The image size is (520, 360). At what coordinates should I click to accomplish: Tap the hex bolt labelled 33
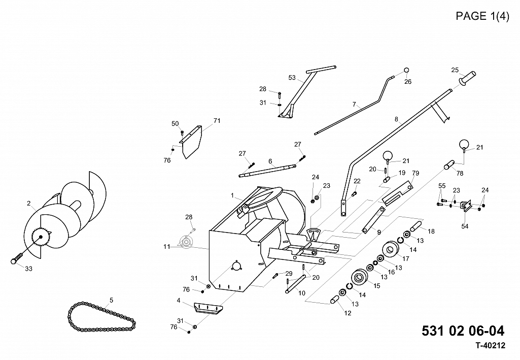pos(17,258)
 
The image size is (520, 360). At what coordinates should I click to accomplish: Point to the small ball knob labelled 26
pos(406,70)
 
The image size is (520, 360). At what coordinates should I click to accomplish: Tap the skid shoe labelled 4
pos(208,308)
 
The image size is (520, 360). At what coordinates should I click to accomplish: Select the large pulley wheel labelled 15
pos(360,276)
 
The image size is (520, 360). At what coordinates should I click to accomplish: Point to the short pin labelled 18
pos(416,227)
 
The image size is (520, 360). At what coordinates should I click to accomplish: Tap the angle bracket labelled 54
pos(466,206)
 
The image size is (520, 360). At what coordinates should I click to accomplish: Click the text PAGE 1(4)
pos(482,16)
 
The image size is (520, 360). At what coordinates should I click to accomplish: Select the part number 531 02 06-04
pos(463,331)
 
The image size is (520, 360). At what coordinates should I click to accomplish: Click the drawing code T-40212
pos(491,346)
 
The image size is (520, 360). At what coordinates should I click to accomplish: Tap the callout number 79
pos(415,173)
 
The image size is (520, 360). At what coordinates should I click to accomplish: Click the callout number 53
pos(292,78)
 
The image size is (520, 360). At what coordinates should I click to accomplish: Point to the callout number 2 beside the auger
pos(29,203)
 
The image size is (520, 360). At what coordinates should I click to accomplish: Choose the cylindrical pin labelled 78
pos(449,165)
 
